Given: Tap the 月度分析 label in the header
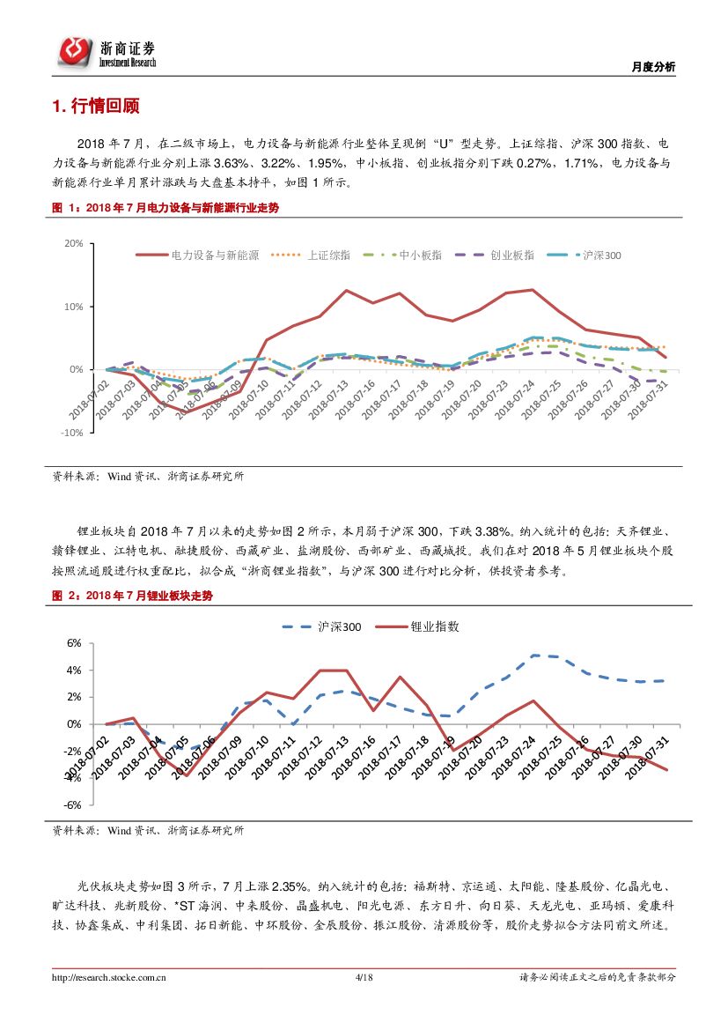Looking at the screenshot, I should [x=654, y=67].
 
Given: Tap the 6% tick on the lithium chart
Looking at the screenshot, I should [x=74, y=643].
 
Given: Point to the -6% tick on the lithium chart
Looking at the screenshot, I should [x=72, y=805].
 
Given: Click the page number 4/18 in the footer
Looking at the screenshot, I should [x=364, y=977].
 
